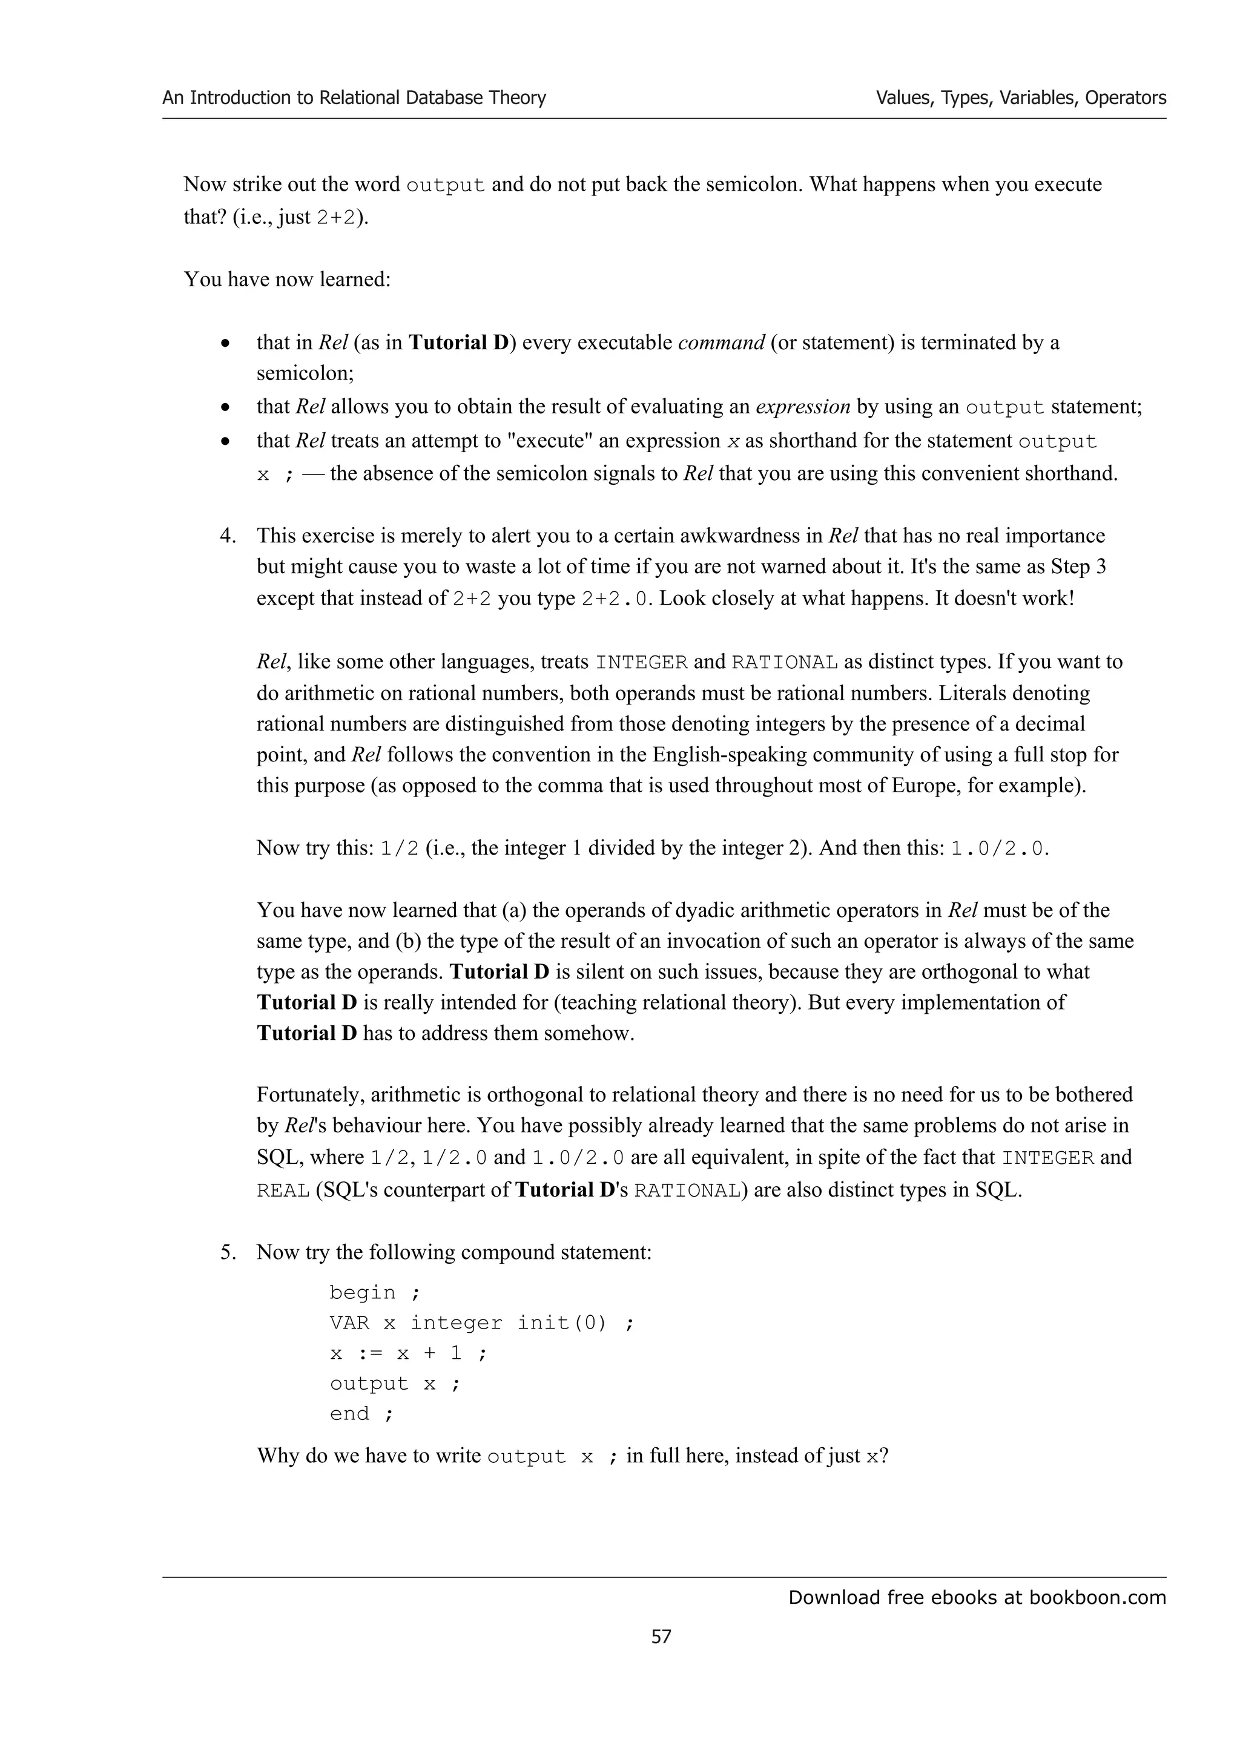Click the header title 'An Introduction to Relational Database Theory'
[354, 98]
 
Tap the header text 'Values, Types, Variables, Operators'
[1020, 98]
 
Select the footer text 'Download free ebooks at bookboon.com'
[977, 1597]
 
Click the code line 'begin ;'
[374, 1293]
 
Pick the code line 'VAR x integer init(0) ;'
[481, 1323]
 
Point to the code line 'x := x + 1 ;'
[408, 1354]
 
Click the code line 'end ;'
[361, 1414]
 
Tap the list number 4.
[227, 536]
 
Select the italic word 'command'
[721, 342]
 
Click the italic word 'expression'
[802, 406]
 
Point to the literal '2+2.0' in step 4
[616, 598]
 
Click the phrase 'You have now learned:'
[287, 280]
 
